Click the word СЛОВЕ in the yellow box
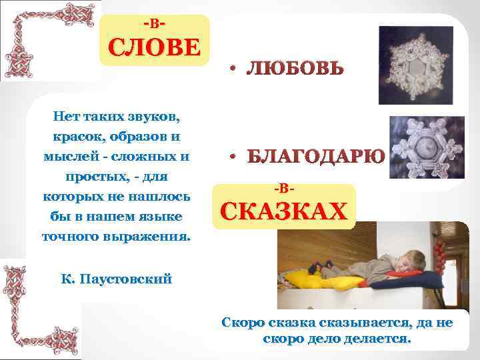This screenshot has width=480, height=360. point(154,49)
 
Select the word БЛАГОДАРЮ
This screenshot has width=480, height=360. point(315,157)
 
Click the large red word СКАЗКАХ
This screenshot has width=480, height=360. point(283,212)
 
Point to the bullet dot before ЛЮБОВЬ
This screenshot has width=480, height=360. point(229,69)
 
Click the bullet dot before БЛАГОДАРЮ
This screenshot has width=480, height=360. point(229,158)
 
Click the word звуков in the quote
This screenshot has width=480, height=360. point(155,118)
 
